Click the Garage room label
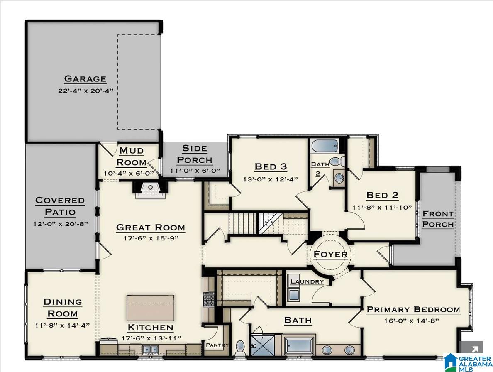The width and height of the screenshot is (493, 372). point(85,78)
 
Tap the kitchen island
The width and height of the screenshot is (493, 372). point(150,308)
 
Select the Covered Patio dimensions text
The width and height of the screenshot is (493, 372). point(60,224)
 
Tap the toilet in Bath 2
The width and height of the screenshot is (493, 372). point(334,162)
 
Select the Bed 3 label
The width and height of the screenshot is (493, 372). point(271,166)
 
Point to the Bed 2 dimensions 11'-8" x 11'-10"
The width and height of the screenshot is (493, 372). point(382,208)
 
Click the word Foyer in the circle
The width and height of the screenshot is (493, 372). point(330,254)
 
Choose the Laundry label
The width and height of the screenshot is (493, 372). point(307,281)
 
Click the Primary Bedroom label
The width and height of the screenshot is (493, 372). point(413,309)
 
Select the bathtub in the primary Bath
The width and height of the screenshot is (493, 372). point(299,345)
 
